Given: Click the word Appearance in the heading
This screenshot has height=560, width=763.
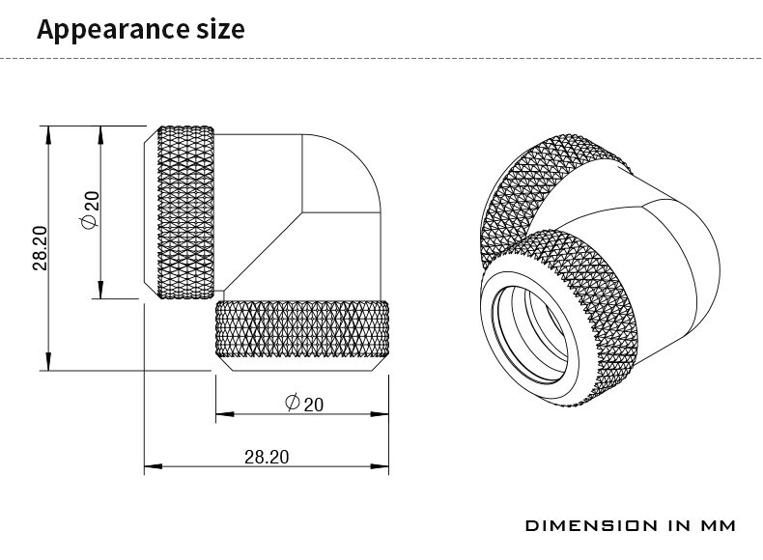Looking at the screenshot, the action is coord(113,30).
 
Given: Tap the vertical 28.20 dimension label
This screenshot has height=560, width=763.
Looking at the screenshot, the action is coord(41,247).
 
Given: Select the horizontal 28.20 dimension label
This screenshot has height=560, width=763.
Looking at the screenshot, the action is coord(267,457).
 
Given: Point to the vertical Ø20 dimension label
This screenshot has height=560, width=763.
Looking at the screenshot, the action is coord(90,210).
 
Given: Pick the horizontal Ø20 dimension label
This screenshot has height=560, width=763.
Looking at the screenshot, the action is coord(303,404).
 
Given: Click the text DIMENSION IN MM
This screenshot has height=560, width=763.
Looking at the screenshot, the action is coord(631,525).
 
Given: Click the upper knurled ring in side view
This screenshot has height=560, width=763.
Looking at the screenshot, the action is coord(185,212).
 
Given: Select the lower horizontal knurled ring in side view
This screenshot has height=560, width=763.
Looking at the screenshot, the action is coord(302,329).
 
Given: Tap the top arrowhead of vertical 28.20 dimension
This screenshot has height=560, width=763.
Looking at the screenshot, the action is coord(47,135).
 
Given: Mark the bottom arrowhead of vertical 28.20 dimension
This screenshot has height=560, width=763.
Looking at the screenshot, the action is coord(47,361).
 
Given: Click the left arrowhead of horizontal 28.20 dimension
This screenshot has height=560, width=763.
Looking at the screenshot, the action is coord(154,466).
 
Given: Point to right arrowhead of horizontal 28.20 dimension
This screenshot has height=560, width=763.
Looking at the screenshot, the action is coord(380,466).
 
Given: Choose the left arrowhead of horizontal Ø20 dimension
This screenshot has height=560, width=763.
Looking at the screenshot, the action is coord(225,414).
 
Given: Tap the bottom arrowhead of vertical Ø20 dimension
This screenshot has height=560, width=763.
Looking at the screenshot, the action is coord(100,290).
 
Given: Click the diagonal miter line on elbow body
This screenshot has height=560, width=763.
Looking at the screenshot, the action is coord(264,252).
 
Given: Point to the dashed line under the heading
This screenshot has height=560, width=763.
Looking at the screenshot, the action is coord(381,58).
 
